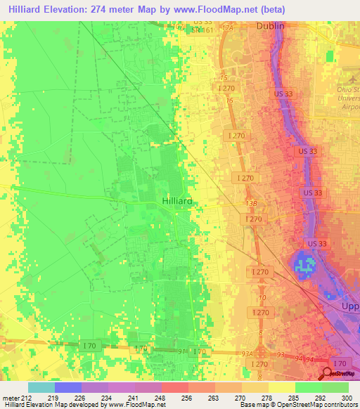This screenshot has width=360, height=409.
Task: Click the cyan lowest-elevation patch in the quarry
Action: (304, 265)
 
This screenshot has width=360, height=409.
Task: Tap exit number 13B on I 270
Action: (250, 203)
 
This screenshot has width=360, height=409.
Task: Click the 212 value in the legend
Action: (27, 398)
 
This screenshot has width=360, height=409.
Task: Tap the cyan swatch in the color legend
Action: (41, 387)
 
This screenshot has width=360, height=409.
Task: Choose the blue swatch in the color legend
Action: (67, 387)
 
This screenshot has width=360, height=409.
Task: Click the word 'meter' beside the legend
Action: (10, 398)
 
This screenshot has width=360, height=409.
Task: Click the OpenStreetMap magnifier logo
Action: (328, 375)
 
